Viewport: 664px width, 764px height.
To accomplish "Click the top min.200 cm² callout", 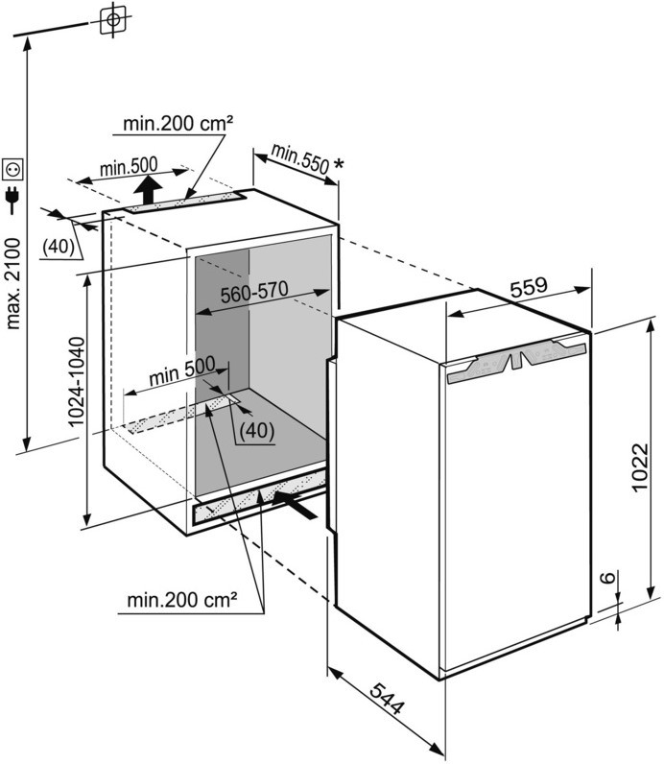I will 179,123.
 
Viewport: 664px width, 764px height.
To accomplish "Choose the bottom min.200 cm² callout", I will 182,601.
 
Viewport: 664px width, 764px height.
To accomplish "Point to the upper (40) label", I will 59,245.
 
